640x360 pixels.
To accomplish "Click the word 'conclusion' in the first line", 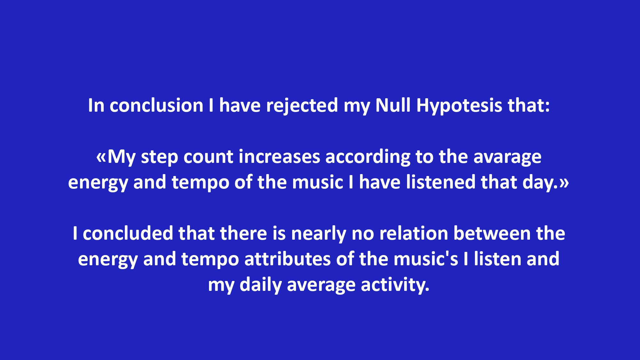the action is tap(156, 105).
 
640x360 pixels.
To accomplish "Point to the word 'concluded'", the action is tap(128, 233).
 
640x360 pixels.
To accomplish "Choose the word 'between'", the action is tap(492, 233).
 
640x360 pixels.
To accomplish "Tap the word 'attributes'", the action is tap(287, 259).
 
